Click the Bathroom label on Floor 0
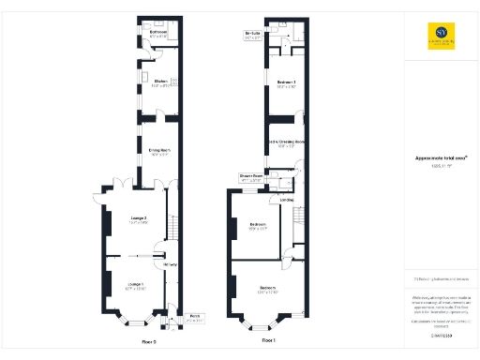pyautogui.click(x=158, y=34)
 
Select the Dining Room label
pyautogui.click(x=159, y=151)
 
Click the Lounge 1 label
pyautogui.click(x=135, y=285)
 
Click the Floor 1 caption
pyautogui.click(x=269, y=339)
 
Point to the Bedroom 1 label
pyautogui.click(x=286, y=84)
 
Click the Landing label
pyautogui.click(x=287, y=200)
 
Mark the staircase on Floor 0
pyautogui.click(x=172, y=227)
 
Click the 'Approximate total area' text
pyautogui.click(x=441, y=157)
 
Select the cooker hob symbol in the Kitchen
pyautogui.click(x=172, y=82)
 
